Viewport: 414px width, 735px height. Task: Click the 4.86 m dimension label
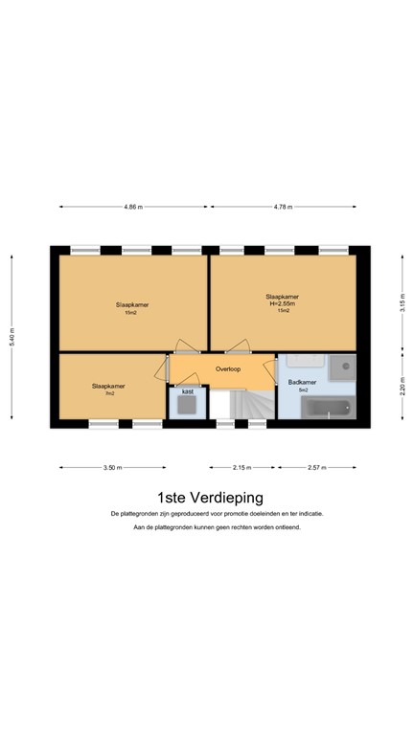pos(133,207)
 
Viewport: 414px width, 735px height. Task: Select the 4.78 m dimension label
pos(282,207)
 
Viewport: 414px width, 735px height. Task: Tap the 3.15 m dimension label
pos(402,303)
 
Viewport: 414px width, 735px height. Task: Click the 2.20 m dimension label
pos(402,390)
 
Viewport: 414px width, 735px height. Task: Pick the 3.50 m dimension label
pos(112,468)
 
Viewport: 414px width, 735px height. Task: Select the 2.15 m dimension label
pos(241,468)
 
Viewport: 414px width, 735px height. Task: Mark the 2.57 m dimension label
pos(316,468)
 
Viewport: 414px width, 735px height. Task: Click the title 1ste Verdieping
pos(210,497)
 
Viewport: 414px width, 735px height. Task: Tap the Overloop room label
pos(228,368)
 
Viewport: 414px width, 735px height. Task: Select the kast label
pos(187,391)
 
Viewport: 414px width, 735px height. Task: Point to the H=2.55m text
pos(283,303)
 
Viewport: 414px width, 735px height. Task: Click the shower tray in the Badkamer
pos(340,369)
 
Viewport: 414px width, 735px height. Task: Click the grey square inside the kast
pos(187,406)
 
